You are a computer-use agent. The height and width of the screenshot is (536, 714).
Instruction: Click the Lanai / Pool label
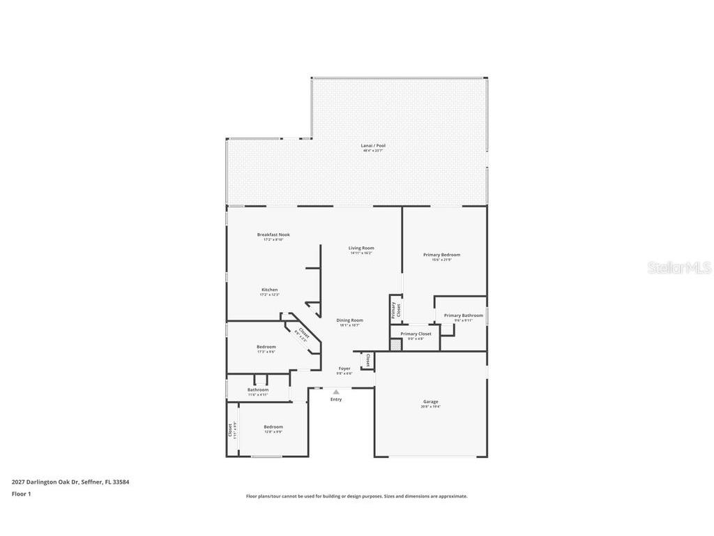pyautogui.click(x=373, y=146)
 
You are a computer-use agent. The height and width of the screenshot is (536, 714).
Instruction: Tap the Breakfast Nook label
pyautogui.click(x=273, y=235)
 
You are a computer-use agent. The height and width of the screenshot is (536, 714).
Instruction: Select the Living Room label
pyautogui.click(x=361, y=248)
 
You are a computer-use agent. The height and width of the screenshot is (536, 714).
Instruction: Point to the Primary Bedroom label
pyautogui.click(x=441, y=255)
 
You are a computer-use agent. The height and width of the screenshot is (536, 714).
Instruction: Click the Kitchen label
pyautogui.click(x=269, y=290)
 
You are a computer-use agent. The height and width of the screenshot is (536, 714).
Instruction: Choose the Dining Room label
pyautogui.click(x=349, y=321)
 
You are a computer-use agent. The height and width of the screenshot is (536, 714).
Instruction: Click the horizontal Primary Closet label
pyautogui.click(x=416, y=334)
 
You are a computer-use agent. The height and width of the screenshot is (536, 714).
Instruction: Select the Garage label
pyautogui.click(x=430, y=402)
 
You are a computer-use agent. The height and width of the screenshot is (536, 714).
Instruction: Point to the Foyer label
pyautogui.click(x=344, y=369)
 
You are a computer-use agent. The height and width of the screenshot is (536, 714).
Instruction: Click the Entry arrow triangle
pyautogui.click(x=336, y=392)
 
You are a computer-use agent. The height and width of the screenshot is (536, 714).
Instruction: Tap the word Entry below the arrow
pyautogui.click(x=336, y=399)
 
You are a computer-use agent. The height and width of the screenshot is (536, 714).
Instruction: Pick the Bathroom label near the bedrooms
pyautogui.click(x=258, y=390)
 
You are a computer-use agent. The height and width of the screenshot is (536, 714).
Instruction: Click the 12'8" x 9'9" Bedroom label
pyautogui.click(x=273, y=428)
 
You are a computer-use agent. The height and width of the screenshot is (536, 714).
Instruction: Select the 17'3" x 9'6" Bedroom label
pyautogui.click(x=266, y=348)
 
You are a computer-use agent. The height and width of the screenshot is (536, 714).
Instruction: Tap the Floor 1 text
pyautogui.click(x=22, y=494)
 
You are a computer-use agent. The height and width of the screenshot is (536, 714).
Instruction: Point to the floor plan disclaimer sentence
pyautogui.click(x=356, y=496)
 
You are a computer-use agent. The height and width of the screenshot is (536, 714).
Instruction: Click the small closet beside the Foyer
pyautogui.click(x=367, y=360)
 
